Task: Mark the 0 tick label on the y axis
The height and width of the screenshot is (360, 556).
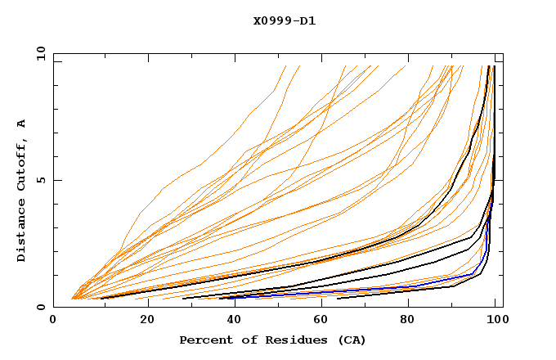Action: point(40,307)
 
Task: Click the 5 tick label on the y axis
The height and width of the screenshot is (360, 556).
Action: point(40,180)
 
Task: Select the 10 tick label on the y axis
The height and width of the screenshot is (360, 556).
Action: point(38,53)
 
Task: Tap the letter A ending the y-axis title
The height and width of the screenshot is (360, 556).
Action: point(21,124)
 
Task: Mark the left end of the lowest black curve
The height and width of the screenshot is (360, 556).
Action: point(339,299)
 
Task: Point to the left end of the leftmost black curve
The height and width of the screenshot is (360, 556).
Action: point(92,298)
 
